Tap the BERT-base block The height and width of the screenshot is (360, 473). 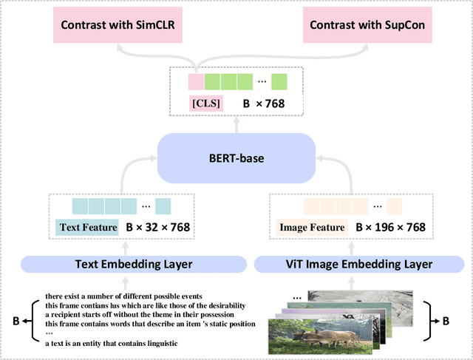pos(237,158)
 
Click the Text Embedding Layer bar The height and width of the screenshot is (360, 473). pos(133,264)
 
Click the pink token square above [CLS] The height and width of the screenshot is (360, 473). pos(196,81)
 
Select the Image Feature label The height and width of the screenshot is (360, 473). pos(311,228)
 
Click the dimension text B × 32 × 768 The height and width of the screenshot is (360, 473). pos(158,228)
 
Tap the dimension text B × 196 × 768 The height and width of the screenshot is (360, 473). pos(390,228)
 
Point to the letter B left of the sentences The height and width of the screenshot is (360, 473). pos(16,321)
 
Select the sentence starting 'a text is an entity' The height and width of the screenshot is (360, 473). pos(111,343)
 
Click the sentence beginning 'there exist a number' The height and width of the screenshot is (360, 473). pos(119,295)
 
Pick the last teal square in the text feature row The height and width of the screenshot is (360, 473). pos(163,206)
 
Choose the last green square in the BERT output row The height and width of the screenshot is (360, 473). pos(279,81)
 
